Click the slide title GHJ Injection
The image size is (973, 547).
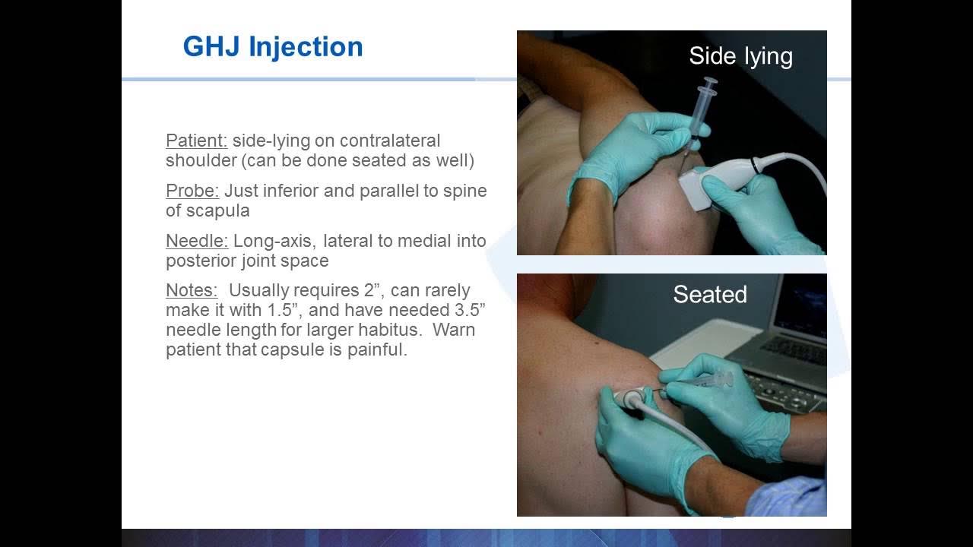click(x=273, y=47)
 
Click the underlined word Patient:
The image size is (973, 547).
click(x=196, y=141)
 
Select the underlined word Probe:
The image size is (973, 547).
click(x=192, y=191)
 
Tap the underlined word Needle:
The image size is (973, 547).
click(x=197, y=241)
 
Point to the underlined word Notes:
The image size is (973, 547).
click(x=192, y=291)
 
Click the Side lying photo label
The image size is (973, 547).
click(x=740, y=56)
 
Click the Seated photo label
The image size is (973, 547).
click(x=710, y=295)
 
